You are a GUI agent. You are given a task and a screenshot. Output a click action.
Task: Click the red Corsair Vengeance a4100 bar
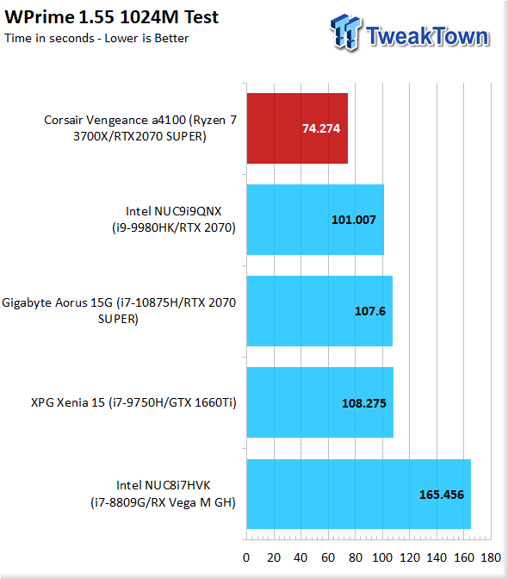(x=297, y=128)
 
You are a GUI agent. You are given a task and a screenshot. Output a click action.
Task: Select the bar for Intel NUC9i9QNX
(x=315, y=220)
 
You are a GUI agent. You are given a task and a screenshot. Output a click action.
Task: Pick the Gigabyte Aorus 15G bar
(x=319, y=311)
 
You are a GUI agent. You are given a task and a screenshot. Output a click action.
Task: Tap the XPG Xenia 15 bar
(x=320, y=402)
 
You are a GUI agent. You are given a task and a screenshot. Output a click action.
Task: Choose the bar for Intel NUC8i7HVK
(x=359, y=494)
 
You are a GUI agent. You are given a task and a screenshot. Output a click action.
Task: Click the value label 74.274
(x=321, y=128)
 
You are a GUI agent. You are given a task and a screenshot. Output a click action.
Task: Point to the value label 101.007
(x=353, y=220)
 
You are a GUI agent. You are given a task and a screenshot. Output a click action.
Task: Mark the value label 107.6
(x=370, y=311)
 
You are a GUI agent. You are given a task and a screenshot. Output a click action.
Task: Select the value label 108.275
(x=363, y=403)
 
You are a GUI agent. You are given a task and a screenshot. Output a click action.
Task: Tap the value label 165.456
(x=441, y=495)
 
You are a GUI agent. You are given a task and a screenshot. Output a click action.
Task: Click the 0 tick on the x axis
(x=246, y=557)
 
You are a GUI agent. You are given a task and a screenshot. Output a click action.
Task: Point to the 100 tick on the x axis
(x=382, y=557)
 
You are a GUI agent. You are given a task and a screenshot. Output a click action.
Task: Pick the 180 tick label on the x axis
(x=491, y=557)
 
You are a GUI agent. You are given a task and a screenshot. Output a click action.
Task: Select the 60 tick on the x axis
(x=328, y=557)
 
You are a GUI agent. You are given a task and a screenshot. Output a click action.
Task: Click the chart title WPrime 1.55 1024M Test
(x=112, y=17)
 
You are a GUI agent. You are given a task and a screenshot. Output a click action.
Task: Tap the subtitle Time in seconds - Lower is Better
(x=96, y=38)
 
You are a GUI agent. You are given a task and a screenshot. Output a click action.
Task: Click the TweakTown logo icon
(x=345, y=32)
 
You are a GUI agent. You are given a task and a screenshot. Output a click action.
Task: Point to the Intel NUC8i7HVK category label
(x=163, y=494)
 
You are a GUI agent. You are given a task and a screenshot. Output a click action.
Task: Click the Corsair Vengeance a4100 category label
(x=140, y=128)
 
